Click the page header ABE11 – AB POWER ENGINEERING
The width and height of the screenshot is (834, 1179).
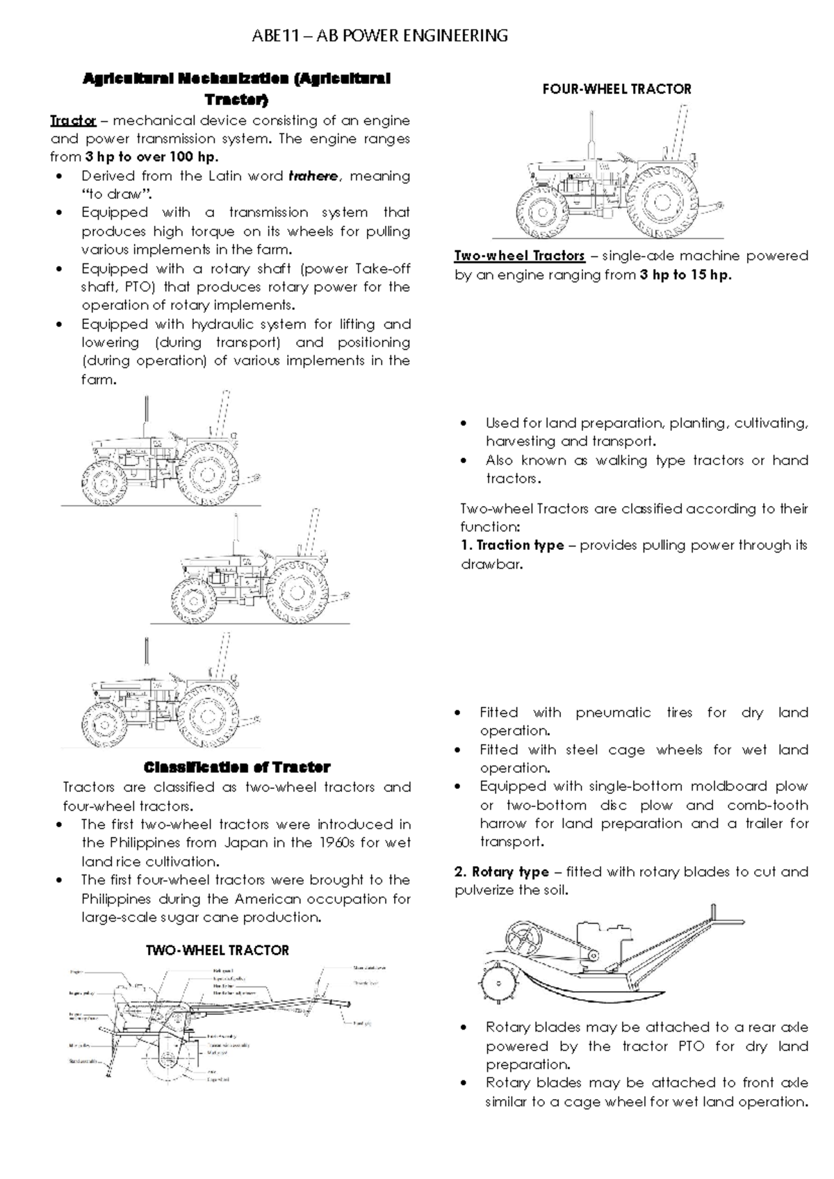pyautogui.click(x=379, y=35)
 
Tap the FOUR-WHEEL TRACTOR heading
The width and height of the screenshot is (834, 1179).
pyautogui.click(x=616, y=89)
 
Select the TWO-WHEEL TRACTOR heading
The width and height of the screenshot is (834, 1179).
pyautogui.click(x=217, y=950)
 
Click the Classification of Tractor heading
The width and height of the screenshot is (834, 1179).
pyautogui.click(x=236, y=767)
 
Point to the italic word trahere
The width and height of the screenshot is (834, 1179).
pyautogui.click(x=313, y=176)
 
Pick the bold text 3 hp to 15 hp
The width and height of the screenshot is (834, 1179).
pyautogui.click(x=685, y=275)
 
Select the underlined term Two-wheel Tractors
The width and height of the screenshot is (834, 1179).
pyautogui.click(x=519, y=256)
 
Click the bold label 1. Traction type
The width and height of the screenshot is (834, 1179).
pyautogui.click(x=512, y=545)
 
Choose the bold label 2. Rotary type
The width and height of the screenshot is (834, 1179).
pyautogui.click(x=502, y=872)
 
